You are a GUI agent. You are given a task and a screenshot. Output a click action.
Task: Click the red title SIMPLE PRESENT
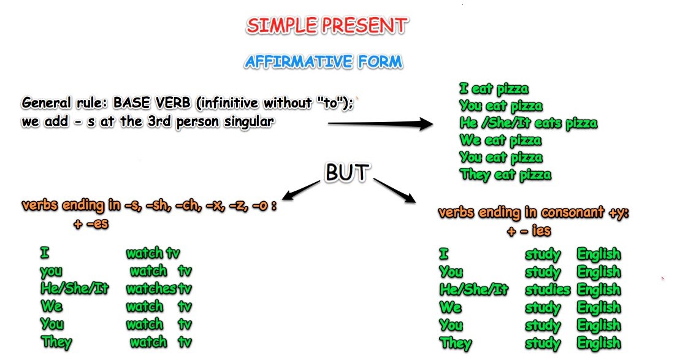(327, 26)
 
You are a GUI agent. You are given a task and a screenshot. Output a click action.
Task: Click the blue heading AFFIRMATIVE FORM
(323, 61)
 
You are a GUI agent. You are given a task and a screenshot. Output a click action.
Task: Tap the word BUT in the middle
(346, 172)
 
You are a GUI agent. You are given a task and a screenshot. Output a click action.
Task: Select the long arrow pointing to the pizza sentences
(380, 124)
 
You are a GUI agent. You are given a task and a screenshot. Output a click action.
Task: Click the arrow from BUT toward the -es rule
(300, 190)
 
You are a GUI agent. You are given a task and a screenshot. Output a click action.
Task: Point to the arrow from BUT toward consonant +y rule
(394, 190)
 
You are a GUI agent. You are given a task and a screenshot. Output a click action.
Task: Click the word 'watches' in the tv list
(151, 288)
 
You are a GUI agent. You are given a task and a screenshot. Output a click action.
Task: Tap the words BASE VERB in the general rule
(152, 103)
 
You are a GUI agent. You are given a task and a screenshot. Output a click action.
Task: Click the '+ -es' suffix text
(91, 223)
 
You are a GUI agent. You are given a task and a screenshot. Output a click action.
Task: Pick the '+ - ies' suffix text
(529, 231)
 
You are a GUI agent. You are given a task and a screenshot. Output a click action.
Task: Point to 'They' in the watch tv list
(56, 342)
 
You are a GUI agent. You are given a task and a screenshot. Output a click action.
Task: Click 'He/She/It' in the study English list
(473, 289)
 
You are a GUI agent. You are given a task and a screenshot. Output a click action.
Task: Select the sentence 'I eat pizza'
(494, 89)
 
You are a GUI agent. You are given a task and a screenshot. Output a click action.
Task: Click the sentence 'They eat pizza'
(505, 175)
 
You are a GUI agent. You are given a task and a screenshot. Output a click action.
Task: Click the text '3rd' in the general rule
(159, 121)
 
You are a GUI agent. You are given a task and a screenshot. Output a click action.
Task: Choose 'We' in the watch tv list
(52, 306)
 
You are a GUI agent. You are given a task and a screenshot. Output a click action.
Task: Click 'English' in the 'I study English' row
(599, 254)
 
